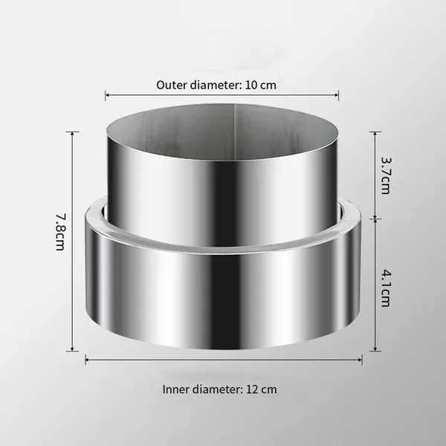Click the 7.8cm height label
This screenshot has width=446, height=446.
(x=60, y=232)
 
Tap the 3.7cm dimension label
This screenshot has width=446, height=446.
(x=386, y=175)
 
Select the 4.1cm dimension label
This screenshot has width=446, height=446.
(x=386, y=288)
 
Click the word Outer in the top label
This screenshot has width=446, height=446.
(x=171, y=85)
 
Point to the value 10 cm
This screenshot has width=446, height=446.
(x=261, y=85)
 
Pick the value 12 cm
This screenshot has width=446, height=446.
(x=262, y=390)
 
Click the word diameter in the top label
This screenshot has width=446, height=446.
(x=216, y=85)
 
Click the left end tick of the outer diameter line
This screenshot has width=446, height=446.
(x=106, y=95)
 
